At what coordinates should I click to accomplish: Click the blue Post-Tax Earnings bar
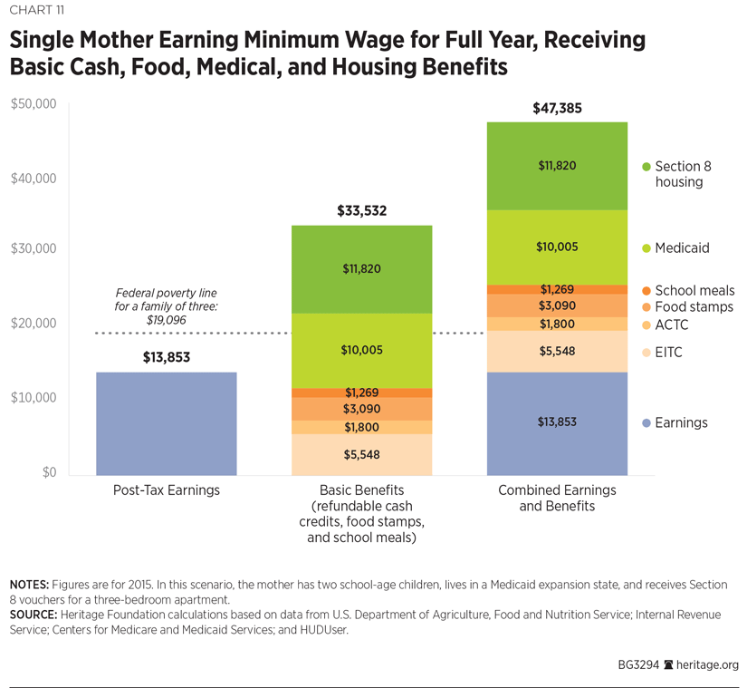166,423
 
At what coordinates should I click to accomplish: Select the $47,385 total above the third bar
557,109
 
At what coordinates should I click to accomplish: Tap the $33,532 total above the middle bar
361,212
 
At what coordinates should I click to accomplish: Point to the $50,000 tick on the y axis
34,104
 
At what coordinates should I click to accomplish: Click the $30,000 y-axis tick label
34,248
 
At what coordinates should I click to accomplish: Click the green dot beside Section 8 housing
646,167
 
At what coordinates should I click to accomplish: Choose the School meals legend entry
694,291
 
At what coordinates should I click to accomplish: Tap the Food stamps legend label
694,307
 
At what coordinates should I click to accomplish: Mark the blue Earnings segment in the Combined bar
557,423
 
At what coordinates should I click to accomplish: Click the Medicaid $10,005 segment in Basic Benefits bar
361,351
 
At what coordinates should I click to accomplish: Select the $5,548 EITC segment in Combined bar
557,352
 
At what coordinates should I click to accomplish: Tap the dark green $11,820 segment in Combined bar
557,166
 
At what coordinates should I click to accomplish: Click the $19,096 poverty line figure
166,320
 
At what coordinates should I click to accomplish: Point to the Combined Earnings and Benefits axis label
557,498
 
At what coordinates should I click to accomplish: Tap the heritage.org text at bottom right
705,664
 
